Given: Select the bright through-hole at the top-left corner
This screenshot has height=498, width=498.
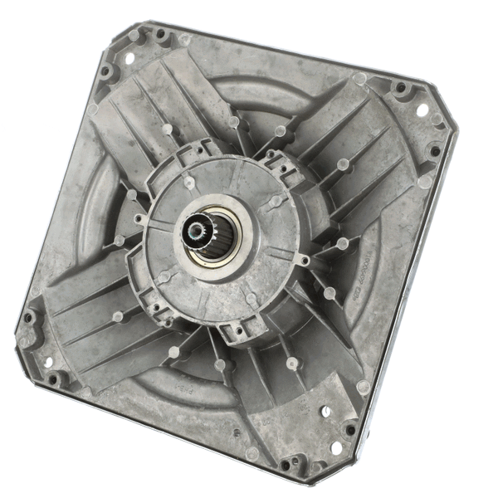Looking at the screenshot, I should click(129, 56).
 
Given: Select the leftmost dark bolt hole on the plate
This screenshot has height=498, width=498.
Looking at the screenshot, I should click(28, 317).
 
